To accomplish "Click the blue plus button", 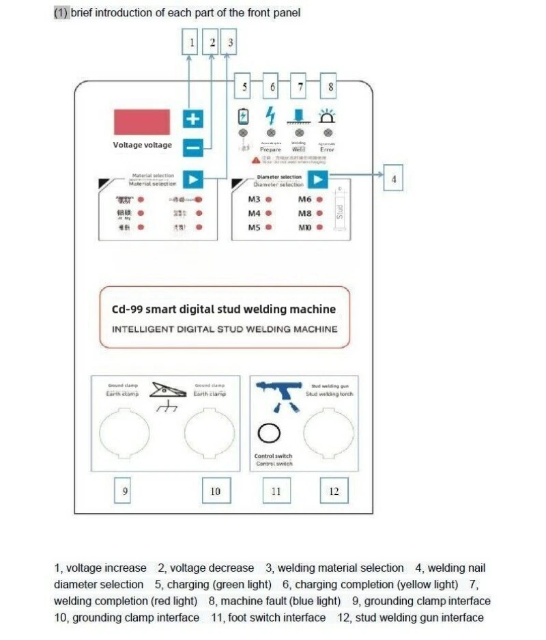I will (193, 119).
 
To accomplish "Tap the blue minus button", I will (193, 145).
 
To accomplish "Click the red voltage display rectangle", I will (142, 121).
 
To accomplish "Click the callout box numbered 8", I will (331, 87).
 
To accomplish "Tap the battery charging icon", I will (242, 116).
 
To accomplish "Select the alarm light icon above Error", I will (328, 115).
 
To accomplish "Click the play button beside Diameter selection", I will (318, 179).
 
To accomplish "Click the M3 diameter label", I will (254, 199).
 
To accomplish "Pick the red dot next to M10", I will (319, 227).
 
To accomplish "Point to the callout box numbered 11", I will (276, 490).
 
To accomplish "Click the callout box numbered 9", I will (124, 490).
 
